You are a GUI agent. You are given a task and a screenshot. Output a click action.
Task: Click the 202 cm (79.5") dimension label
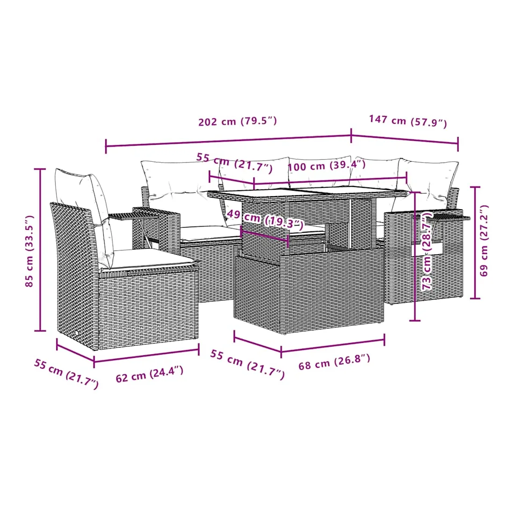[x=238, y=121]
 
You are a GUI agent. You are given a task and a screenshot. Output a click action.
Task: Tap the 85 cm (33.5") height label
[x=29, y=251]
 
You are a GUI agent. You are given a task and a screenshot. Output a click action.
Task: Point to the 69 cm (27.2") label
[x=484, y=241]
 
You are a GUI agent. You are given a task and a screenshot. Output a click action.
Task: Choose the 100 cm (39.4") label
[x=327, y=165]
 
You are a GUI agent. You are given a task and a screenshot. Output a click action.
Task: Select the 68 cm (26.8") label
[x=334, y=362]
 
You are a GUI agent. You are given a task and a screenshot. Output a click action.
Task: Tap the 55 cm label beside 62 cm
[x=66, y=374]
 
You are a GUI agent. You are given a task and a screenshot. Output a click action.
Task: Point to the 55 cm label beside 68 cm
[x=247, y=364]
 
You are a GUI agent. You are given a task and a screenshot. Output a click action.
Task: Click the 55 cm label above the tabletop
[x=235, y=162]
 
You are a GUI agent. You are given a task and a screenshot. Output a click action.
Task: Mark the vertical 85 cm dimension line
[x=40, y=250]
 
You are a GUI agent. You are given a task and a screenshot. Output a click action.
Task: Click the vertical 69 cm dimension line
[x=475, y=243]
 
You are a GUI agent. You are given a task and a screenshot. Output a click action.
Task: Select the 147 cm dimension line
[x=405, y=139]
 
